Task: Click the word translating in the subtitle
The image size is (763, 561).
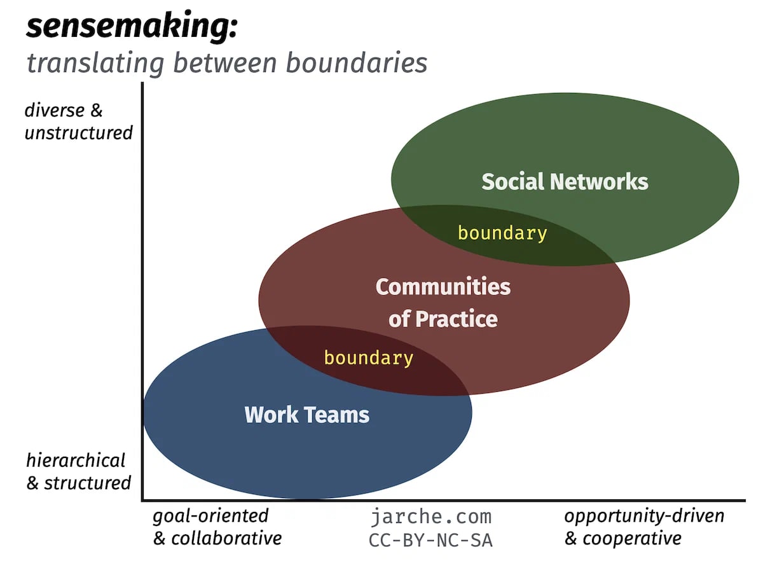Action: click(x=95, y=64)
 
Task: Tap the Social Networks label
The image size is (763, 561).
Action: click(x=565, y=181)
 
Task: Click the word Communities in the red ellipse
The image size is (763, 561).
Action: click(x=443, y=287)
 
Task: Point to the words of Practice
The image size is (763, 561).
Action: click(x=443, y=319)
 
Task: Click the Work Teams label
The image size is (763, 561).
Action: click(x=306, y=415)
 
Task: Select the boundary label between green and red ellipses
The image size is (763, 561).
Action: click(x=502, y=233)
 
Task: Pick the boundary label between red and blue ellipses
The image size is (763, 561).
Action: click(x=369, y=358)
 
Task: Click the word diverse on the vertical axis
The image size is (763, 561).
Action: click(x=54, y=111)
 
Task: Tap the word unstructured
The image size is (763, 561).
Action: click(x=79, y=132)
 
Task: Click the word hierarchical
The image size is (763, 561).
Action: click(x=76, y=461)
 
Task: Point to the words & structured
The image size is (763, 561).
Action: click(x=79, y=483)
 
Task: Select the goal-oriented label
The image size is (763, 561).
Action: click(x=210, y=516)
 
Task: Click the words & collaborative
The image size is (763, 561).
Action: click(x=217, y=539)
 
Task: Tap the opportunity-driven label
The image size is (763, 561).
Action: click(x=643, y=516)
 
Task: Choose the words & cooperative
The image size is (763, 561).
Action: click(x=622, y=539)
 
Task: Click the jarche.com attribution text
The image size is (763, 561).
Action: click(x=431, y=517)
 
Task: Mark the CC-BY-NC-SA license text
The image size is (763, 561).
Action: click(x=430, y=541)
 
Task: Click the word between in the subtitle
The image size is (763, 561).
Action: click(x=225, y=63)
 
